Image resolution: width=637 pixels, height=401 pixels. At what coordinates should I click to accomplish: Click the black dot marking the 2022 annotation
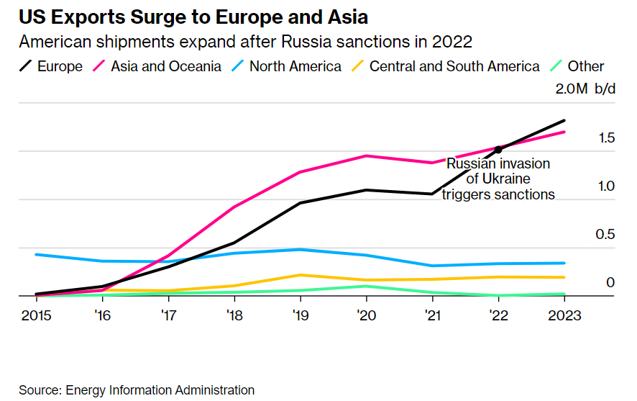(498, 149)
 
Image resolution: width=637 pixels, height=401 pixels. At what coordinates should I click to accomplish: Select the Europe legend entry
(51, 67)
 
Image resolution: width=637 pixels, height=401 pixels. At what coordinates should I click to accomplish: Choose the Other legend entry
(576, 67)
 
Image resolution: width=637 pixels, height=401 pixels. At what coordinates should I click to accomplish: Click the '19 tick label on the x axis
(300, 315)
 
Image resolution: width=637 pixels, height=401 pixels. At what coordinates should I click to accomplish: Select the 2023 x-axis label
(564, 315)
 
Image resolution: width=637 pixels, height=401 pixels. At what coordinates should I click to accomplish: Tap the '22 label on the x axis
(498, 315)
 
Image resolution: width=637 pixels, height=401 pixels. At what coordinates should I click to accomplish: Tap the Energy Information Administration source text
(160, 390)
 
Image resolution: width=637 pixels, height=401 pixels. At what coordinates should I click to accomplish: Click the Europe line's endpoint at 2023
(564, 121)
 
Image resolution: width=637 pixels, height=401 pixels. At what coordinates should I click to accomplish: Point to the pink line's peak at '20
(366, 156)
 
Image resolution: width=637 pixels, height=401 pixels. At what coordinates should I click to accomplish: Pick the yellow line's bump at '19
(300, 275)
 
